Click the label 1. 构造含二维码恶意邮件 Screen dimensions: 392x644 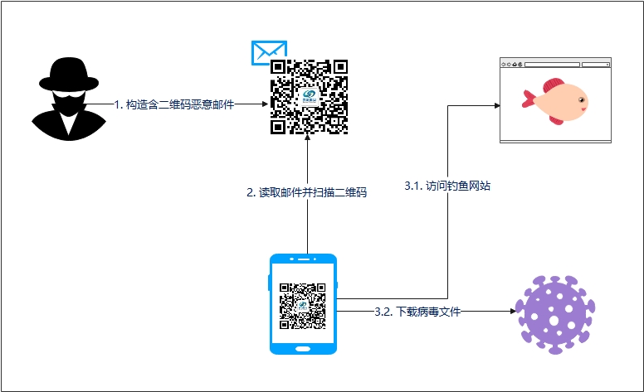(173, 104)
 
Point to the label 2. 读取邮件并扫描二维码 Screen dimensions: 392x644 (307, 191)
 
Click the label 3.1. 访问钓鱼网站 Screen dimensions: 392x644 (446, 186)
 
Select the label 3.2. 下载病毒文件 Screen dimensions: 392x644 (417, 312)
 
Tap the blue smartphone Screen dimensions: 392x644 (304, 304)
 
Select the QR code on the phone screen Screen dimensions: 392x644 (303, 304)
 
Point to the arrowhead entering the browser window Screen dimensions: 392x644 (495, 105)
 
